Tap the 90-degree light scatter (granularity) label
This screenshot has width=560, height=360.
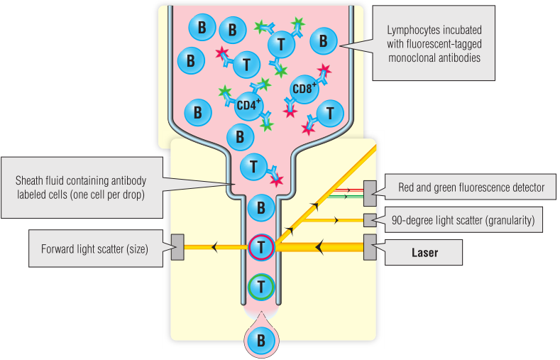[x=463, y=221]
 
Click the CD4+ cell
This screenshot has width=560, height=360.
[x=248, y=104]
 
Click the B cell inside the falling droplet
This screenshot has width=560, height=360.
[x=261, y=340]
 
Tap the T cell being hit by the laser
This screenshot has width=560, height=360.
[x=261, y=247]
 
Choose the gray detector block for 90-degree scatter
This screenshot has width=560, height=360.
[x=369, y=220]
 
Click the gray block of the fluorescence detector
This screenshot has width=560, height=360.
[x=370, y=190]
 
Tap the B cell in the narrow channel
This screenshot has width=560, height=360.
[x=261, y=209]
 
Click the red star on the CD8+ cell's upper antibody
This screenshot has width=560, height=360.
[x=324, y=70]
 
